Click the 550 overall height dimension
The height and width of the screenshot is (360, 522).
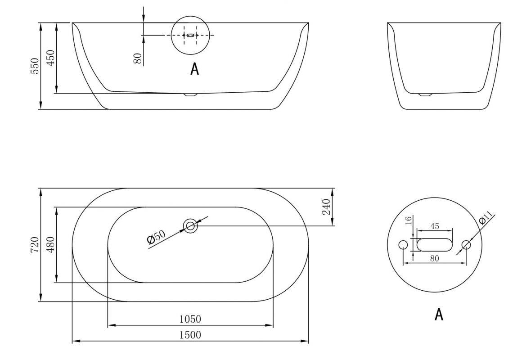coord(35,66)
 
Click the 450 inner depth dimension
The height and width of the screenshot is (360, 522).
coord(50,58)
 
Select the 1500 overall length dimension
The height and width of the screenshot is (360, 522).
coord(190,335)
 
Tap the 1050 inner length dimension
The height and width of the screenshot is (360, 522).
coord(190,319)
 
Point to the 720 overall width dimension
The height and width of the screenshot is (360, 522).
coord(35,245)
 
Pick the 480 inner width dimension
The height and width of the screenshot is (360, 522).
coord(50,245)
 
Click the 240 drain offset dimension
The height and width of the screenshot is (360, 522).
coord(327,207)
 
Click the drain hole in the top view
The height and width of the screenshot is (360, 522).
coord(190,226)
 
